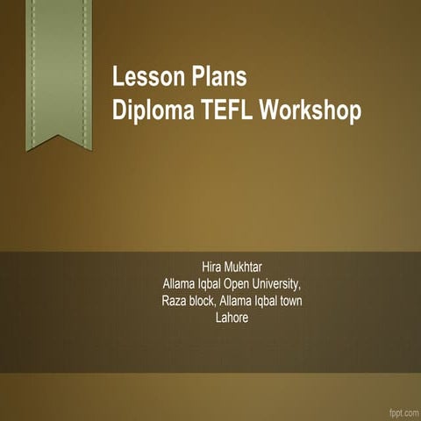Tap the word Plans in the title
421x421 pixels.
[x=216, y=78]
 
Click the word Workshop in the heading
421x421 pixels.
[x=310, y=111]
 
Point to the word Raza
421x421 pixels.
[x=175, y=302]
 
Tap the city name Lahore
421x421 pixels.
[x=232, y=318]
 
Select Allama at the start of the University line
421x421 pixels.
[x=180, y=285]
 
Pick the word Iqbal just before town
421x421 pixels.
[x=260, y=302]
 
